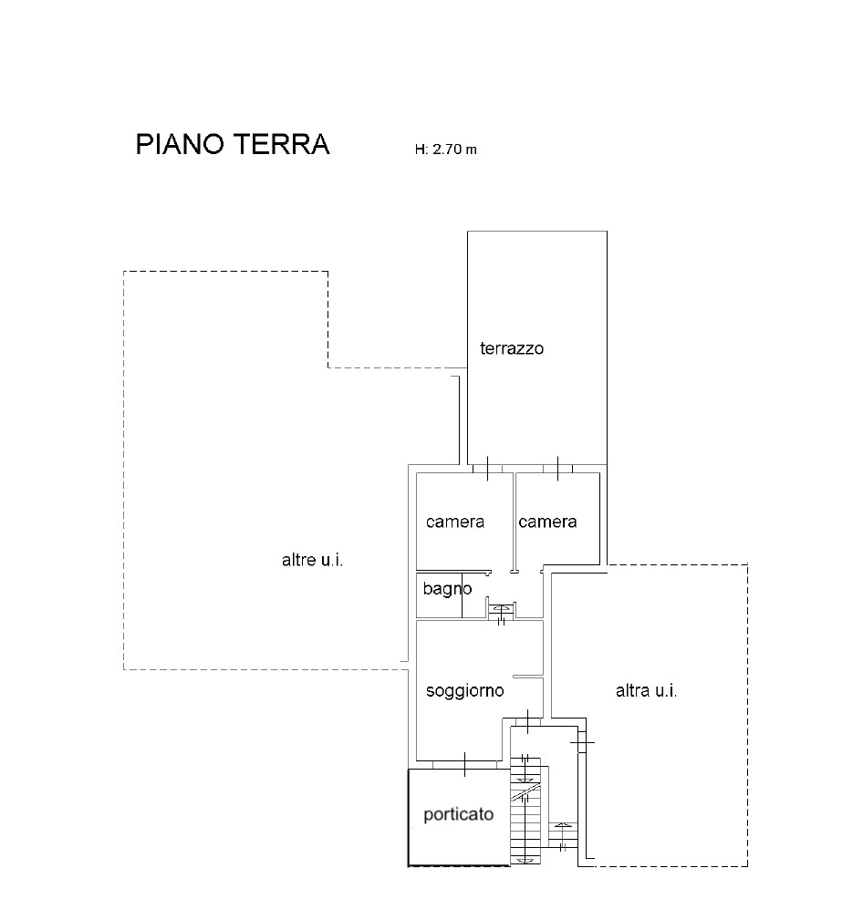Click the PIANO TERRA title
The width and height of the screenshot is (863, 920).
coord(233,144)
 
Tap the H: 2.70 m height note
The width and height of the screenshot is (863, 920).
coord(445,150)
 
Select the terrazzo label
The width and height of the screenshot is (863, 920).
coord(512,348)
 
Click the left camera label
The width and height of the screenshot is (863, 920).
coord(455,522)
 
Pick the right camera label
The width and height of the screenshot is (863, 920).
coord(547,522)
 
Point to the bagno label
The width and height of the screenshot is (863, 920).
coord(447,588)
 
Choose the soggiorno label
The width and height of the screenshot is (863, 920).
coord(465,691)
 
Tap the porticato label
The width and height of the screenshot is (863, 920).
coord(459,814)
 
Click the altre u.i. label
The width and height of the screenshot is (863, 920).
coord(312,561)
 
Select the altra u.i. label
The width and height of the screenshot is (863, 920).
coord(647,691)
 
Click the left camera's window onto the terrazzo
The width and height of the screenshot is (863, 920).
coord(488,469)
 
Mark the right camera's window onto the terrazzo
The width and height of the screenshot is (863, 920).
coord(557,469)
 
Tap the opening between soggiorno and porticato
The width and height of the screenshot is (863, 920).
coord(465,764)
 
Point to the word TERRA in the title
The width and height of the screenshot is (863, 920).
coord(281,144)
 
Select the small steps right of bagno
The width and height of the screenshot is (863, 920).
coord(502,611)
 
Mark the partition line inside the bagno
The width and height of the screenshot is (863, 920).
coord(462,595)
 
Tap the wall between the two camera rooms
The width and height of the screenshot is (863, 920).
coord(514,522)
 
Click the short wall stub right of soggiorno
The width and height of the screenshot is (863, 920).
coord(527,677)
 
